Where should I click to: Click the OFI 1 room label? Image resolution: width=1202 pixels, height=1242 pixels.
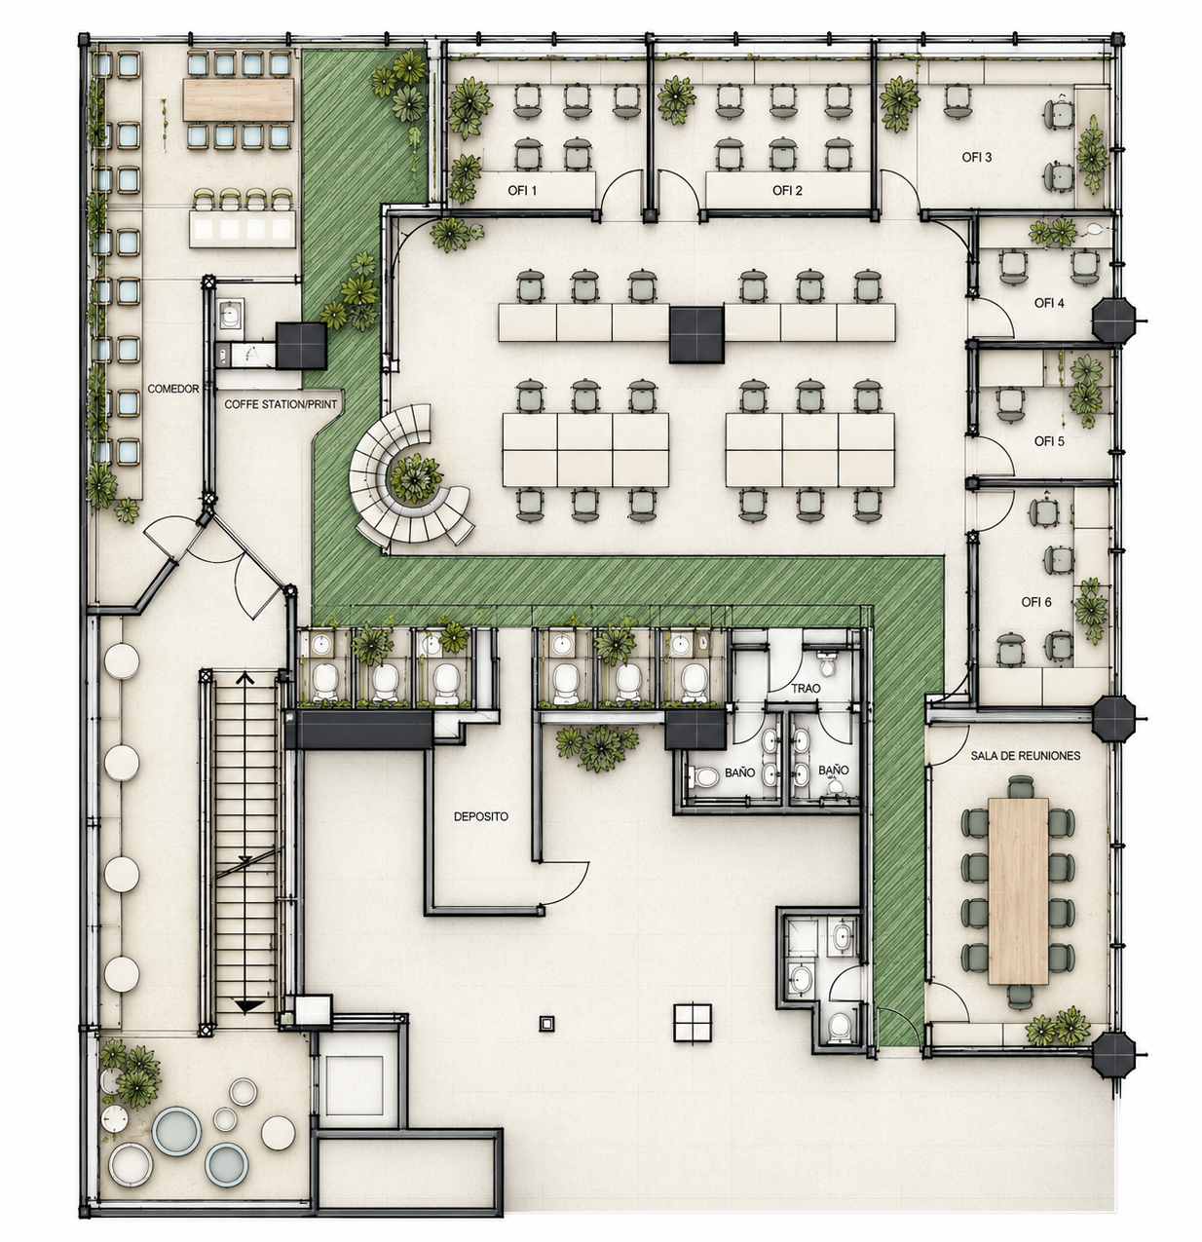point(522,190)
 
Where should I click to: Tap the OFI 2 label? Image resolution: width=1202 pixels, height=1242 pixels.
point(786,190)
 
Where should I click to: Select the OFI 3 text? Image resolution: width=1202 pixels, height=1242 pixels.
point(977,157)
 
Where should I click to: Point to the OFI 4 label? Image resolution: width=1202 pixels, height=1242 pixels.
point(1049,303)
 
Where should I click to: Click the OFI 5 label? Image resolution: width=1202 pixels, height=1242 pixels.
point(1049,441)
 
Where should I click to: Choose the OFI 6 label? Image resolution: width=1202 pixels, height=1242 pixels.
point(1036,602)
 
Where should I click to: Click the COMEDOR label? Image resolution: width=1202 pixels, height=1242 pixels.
point(173,389)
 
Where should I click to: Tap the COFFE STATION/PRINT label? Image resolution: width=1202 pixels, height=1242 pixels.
point(281,404)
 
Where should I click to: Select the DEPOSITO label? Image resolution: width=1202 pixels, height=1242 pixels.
point(480,816)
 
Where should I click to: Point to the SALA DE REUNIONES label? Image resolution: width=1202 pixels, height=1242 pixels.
point(1025,756)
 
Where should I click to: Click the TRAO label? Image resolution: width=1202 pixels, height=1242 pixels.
point(806,689)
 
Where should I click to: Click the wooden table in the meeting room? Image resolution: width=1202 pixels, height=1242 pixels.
point(1018,891)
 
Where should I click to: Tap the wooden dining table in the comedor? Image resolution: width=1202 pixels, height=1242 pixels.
point(238,99)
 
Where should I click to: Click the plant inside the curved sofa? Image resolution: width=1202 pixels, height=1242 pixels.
point(416,477)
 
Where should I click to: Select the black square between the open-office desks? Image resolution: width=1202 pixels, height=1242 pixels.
point(696,334)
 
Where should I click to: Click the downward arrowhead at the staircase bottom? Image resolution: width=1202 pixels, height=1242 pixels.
point(249,1006)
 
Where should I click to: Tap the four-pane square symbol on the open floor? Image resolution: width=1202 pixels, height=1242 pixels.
point(692,1023)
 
